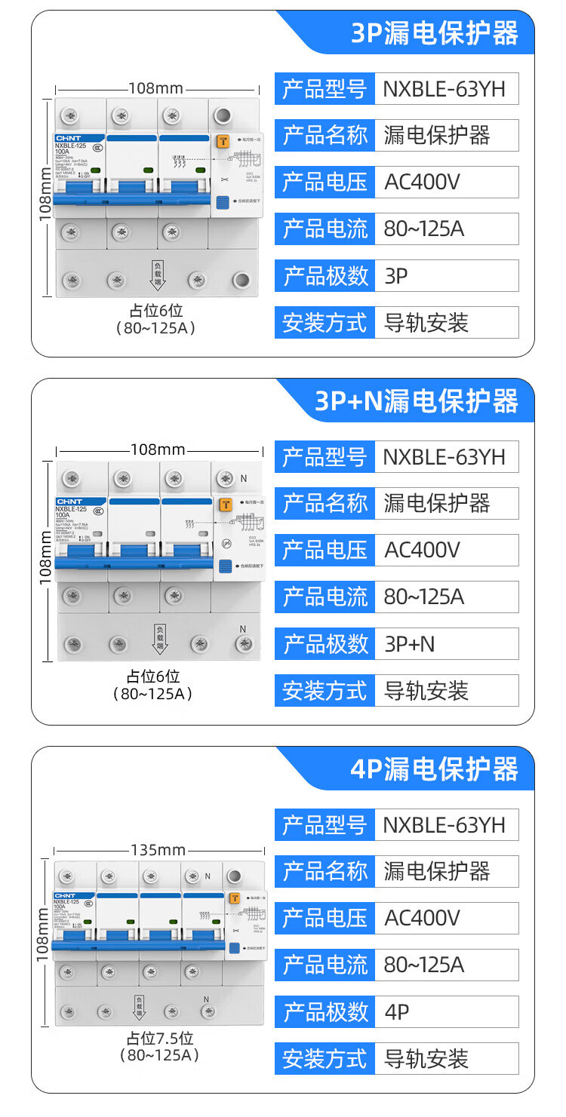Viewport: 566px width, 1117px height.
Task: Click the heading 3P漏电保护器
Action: coord(435,34)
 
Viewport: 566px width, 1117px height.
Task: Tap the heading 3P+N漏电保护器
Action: coord(416,401)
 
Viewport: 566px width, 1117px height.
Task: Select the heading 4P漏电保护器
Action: coord(434,769)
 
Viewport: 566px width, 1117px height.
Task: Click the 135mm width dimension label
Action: coord(158,850)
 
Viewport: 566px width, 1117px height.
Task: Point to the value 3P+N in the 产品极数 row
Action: coord(410,644)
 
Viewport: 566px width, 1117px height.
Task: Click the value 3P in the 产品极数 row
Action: coord(396,276)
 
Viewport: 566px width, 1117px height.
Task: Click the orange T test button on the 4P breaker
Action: coord(235,898)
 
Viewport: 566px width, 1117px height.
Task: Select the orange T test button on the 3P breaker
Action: coord(223,141)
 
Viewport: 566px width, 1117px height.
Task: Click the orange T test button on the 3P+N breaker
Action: coord(225,505)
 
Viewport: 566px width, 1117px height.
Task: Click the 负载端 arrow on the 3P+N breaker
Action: coord(160,638)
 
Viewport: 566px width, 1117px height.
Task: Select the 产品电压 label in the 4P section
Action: coord(325,918)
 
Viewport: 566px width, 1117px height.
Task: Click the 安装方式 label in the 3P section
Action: coord(325,323)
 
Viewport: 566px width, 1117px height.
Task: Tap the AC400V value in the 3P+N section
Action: coord(422,550)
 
